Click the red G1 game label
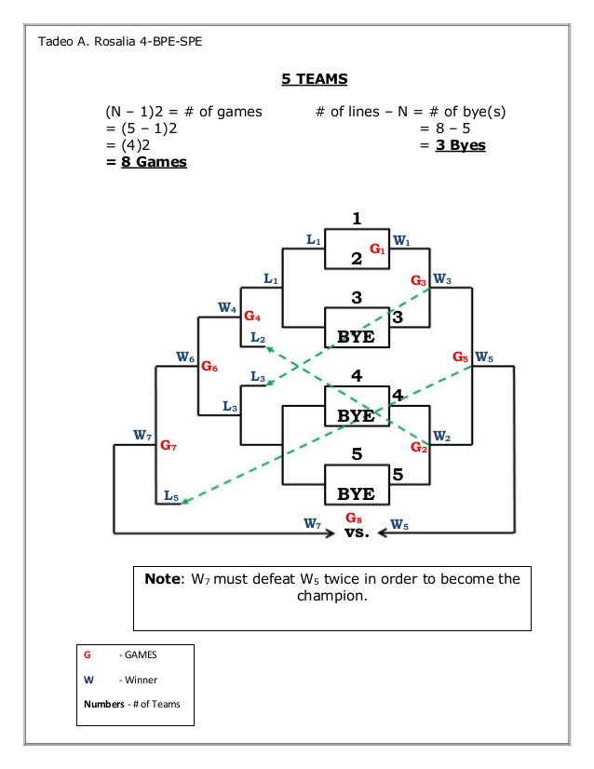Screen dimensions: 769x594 click(x=378, y=250)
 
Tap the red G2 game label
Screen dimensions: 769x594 click(x=419, y=450)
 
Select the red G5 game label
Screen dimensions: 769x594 click(x=461, y=357)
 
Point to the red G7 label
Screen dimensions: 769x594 click(x=169, y=446)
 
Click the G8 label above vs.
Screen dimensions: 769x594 click(x=355, y=517)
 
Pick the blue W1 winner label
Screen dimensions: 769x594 click(x=402, y=239)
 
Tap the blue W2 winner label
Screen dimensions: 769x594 click(x=442, y=438)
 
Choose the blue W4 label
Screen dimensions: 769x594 click(x=227, y=307)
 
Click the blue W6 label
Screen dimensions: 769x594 click(x=185, y=356)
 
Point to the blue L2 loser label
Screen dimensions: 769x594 click(x=258, y=338)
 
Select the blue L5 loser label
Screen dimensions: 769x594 click(x=171, y=496)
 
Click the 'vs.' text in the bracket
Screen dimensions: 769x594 click(x=356, y=533)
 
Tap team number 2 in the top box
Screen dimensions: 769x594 click(x=355, y=260)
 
